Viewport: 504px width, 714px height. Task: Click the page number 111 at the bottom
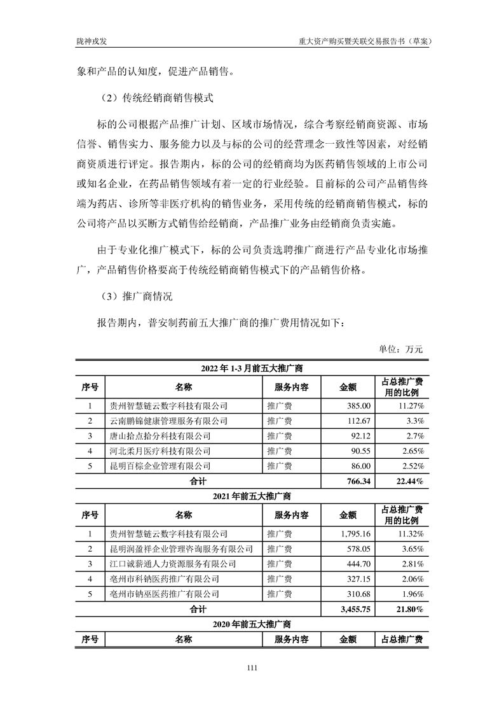point(251,668)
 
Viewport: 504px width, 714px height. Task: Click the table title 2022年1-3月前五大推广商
point(251,368)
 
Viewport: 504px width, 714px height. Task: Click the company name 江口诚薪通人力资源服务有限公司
point(173,564)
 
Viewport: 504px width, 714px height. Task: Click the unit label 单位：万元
point(400,349)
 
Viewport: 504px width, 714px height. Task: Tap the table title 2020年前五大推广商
point(251,624)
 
